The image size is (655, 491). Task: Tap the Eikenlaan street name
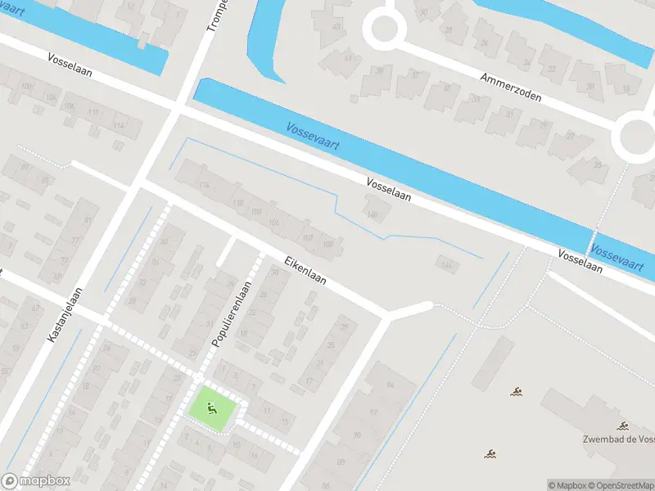point(305,270)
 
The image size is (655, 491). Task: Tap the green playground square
point(216,406)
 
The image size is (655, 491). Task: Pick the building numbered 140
point(373,214)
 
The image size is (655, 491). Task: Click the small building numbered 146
point(446,263)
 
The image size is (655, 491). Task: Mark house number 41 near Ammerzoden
point(348,58)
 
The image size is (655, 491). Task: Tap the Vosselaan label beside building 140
point(388,191)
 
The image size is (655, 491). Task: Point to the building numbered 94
point(391,385)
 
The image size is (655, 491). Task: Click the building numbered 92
point(373,412)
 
